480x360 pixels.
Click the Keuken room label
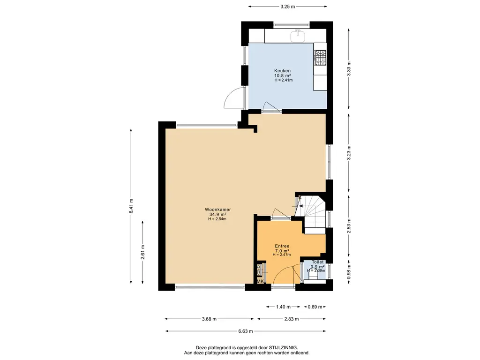click(x=282, y=71)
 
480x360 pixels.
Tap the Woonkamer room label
click(x=217, y=210)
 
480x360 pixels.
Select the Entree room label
click(x=282, y=246)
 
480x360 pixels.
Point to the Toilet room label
click(x=317, y=262)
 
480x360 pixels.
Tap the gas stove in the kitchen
click(x=321, y=58)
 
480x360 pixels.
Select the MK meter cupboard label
click(x=260, y=281)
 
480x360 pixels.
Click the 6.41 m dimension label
click(x=131, y=206)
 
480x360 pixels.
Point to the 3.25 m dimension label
click(x=287, y=7)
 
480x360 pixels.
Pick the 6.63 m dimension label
click(x=246, y=331)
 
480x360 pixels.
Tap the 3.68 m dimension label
click(x=209, y=319)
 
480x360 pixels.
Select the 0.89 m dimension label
click(x=315, y=307)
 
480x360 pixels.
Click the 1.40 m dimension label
click(x=283, y=307)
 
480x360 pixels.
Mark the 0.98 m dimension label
click(x=349, y=272)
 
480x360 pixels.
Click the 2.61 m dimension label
click(x=142, y=252)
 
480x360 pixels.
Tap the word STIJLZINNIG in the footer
click(x=283, y=348)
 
